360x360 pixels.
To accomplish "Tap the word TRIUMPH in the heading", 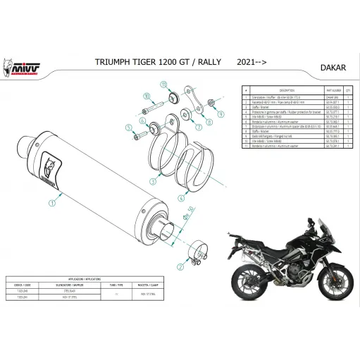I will point(111,63).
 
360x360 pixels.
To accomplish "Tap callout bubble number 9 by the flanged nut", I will point(144,95).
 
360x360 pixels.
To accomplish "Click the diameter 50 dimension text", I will point(191,211).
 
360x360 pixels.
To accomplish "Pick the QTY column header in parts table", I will point(349,91).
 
